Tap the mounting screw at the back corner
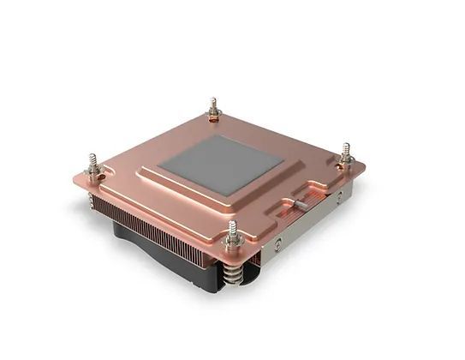214,111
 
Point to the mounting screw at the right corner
346,155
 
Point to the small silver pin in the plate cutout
295,204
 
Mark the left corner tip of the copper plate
75,179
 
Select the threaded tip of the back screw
214,100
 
